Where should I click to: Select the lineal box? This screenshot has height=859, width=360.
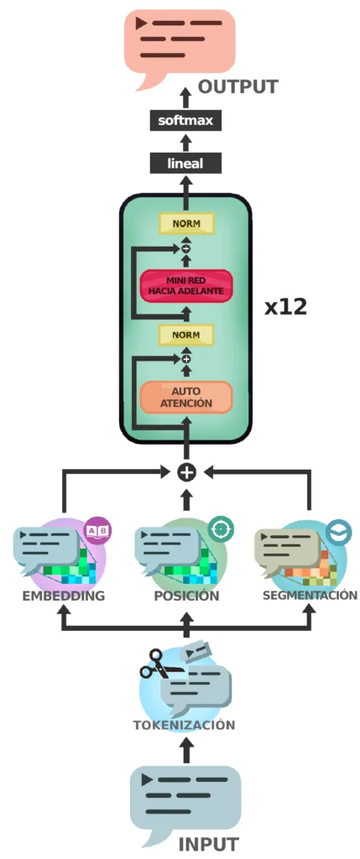pyautogui.click(x=185, y=163)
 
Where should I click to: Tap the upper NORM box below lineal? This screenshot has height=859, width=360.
pyautogui.click(x=186, y=223)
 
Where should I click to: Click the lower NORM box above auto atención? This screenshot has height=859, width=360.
pyautogui.click(x=186, y=334)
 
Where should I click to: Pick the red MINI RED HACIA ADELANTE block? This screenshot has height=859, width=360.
pyautogui.click(x=187, y=285)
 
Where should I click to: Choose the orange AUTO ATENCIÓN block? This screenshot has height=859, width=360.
pyautogui.click(x=187, y=397)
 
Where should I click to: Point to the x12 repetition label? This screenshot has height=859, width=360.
pyautogui.click(x=286, y=308)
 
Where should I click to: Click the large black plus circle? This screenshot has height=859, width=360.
pyautogui.click(x=187, y=471)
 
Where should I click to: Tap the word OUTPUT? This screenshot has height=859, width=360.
pyautogui.click(x=237, y=86)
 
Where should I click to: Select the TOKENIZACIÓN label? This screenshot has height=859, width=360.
pyautogui.click(x=184, y=725)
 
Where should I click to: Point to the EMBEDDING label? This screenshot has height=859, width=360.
pyautogui.click(x=64, y=596)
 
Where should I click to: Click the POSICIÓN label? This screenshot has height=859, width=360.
pyautogui.click(x=187, y=596)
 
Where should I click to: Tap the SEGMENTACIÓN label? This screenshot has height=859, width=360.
pyautogui.click(x=310, y=595)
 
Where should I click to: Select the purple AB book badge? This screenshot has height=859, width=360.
pyautogui.click(x=98, y=530)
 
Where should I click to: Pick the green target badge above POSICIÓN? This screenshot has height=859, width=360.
pyautogui.click(x=222, y=528)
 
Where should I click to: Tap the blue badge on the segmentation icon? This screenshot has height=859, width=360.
pyautogui.click(x=338, y=531)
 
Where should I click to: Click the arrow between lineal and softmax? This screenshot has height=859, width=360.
pyautogui.click(x=186, y=142)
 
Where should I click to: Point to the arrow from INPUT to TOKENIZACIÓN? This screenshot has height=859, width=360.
pyautogui.click(x=186, y=749)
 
